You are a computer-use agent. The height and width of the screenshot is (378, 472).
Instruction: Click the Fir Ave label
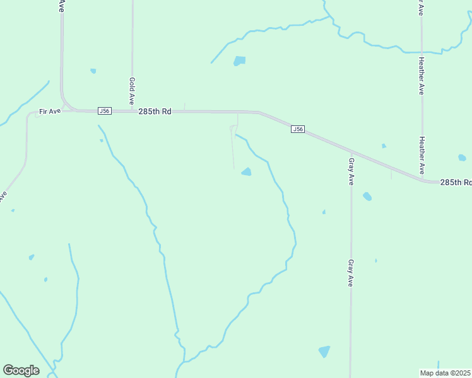click(x=49, y=112)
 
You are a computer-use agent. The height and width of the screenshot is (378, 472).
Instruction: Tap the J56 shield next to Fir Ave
click(x=105, y=111)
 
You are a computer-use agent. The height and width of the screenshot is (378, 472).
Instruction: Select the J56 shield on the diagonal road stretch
click(x=298, y=129)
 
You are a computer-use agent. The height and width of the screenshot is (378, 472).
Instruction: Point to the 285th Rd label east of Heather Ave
click(x=456, y=182)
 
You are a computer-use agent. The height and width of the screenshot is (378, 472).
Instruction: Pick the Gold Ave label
click(x=132, y=91)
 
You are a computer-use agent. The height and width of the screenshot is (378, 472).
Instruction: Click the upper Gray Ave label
click(x=351, y=171)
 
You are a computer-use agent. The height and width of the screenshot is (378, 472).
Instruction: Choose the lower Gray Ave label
click(x=351, y=272)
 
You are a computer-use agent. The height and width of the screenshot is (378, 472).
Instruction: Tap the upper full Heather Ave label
click(x=421, y=76)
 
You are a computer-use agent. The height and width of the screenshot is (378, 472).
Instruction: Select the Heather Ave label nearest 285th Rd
click(x=422, y=156)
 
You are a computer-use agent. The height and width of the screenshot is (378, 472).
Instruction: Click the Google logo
click(x=21, y=370)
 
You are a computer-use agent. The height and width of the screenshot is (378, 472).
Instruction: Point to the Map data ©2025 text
click(x=445, y=373)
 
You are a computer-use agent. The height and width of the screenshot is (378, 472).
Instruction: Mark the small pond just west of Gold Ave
click(x=93, y=71)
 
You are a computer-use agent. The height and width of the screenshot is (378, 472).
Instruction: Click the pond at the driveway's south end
click(x=246, y=172)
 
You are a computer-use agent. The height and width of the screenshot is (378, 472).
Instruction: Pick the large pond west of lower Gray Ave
click(x=324, y=351)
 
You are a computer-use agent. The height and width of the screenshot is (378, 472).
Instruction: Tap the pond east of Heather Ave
click(x=462, y=157)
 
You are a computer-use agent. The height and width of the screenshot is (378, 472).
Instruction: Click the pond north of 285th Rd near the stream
click(x=239, y=61)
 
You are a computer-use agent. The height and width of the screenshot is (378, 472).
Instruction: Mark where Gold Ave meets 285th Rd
click(x=132, y=112)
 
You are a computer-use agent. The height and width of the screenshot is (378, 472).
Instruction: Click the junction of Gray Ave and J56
click(x=351, y=152)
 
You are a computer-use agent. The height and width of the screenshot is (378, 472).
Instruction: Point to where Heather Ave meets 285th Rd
click(x=422, y=178)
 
